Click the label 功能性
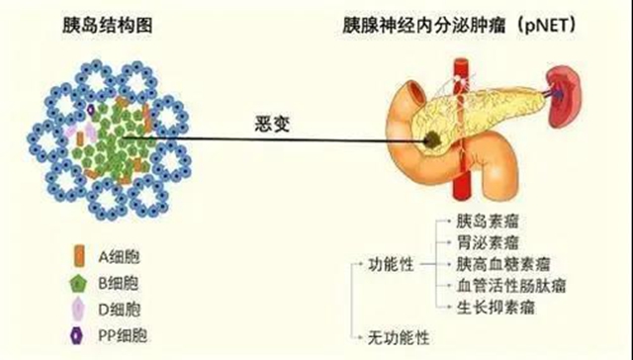coord(389,265)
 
